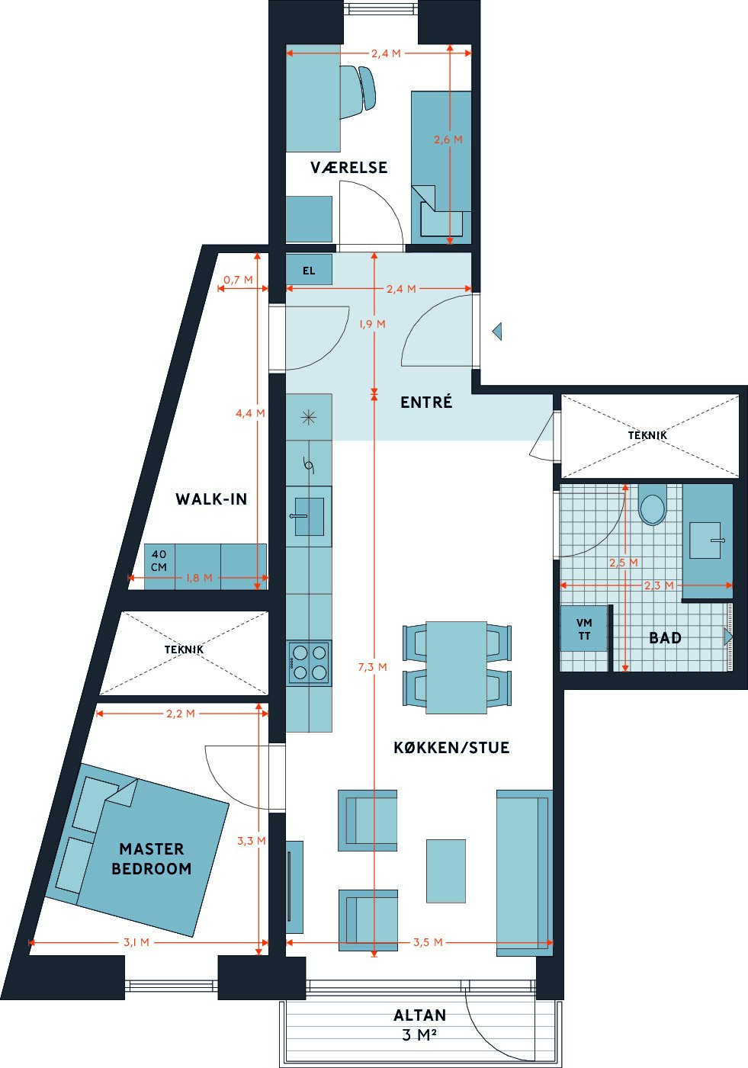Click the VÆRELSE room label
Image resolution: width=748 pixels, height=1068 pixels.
(x=348, y=168)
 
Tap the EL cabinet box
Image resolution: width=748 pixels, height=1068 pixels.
(x=309, y=269)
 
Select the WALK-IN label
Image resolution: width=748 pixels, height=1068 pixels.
(x=211, y=499)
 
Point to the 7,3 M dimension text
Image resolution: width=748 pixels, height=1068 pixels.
(x=373, y=667)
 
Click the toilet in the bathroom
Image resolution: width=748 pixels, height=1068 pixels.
(x=652, y=506)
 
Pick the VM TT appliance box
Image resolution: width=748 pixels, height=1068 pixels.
(x=584, y=628)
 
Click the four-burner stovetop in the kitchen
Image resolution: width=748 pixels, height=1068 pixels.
(x=309, y=662)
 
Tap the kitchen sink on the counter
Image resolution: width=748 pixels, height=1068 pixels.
(x=309, y=516)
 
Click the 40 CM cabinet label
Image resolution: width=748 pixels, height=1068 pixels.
(x=159, y=560)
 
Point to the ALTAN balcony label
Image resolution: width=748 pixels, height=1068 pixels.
(x=420, y=1015)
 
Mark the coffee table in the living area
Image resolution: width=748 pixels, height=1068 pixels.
(x=445, y=871)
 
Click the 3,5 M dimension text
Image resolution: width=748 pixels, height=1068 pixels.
(x=428, y=942)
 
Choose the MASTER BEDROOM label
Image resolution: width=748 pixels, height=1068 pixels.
(x=151, y=858)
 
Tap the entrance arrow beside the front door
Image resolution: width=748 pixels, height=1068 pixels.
(x=497, y=331)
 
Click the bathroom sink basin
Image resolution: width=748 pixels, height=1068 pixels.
(x=705, y=540)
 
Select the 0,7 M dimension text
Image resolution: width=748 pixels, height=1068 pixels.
(x=238, y=280)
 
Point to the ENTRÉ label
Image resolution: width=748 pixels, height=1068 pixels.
(x=426, y=402)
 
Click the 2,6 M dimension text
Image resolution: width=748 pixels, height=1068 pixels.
(x=448, y=140)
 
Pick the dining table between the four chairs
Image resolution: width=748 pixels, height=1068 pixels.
(x=456, y=668)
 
